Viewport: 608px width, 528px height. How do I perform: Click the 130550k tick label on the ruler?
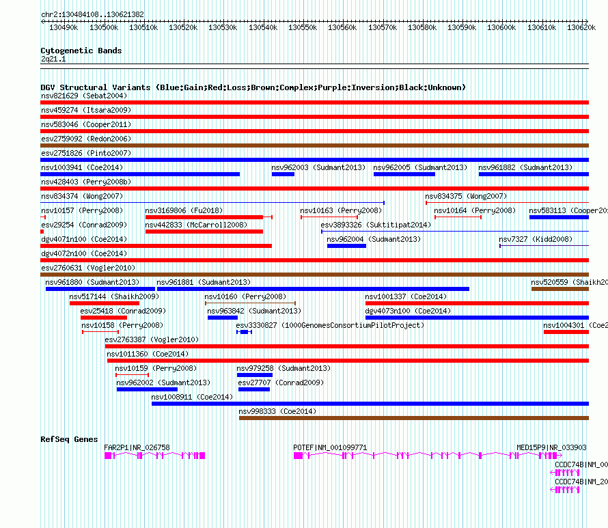coord(303,27)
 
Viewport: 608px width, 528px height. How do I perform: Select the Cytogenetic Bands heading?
coord(81,51)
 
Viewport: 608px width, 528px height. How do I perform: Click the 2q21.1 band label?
coord(53,59)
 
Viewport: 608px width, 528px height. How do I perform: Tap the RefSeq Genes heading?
coord(69,439)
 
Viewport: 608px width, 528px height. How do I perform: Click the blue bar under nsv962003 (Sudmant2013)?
coord(283,174)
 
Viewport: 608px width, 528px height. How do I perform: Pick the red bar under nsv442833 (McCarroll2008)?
coord(204,232)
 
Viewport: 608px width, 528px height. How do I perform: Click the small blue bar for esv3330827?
coord(244,332)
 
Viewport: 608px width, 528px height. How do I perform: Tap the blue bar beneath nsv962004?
coord(346,246)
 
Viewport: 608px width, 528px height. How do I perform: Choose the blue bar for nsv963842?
coord(222,318)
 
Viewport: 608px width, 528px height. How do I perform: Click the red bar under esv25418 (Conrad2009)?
coord(103,318)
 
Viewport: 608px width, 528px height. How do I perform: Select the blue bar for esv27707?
coord(253,389)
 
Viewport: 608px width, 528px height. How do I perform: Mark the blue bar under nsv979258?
coord(254,375)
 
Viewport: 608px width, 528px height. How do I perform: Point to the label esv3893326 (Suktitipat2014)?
coord(376,225)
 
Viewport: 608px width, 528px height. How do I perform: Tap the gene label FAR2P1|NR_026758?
coord(137,447)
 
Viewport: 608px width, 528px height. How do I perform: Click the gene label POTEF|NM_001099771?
coord(330,447)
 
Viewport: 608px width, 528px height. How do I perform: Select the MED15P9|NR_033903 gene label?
coord(551,447)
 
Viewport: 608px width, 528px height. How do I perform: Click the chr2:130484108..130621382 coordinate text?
coord(92,14)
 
